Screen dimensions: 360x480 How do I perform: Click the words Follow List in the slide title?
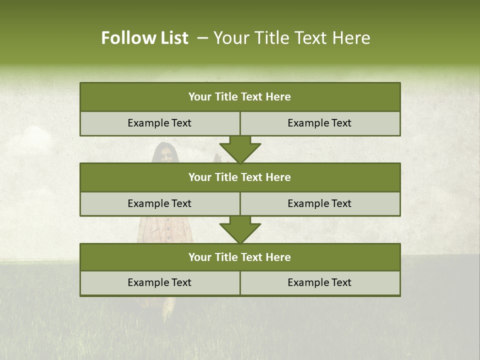tap(144, 38)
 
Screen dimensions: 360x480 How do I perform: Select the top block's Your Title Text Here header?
tap(239, 97)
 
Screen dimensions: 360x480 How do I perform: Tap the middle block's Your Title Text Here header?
tap(239, 177)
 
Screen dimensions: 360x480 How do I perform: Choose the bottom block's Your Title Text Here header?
tap(239, 257)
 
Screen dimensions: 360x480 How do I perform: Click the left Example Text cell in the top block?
tap(159, 123)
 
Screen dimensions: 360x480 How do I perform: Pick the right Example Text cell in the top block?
tap(319, 123)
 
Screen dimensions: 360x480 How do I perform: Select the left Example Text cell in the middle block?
tap(159, 203)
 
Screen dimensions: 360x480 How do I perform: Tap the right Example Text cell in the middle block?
tap(319, 203)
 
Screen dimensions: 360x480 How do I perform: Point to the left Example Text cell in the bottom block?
tap(159, 282)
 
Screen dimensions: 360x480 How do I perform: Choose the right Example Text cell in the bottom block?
tap(319, 282)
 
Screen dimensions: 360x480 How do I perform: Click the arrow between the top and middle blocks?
tap(240, 149)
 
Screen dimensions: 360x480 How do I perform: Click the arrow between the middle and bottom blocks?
tap(240, 229)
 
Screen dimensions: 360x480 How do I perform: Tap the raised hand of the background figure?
tap(217, 158)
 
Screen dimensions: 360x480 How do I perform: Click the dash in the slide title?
tap(202, 38)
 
